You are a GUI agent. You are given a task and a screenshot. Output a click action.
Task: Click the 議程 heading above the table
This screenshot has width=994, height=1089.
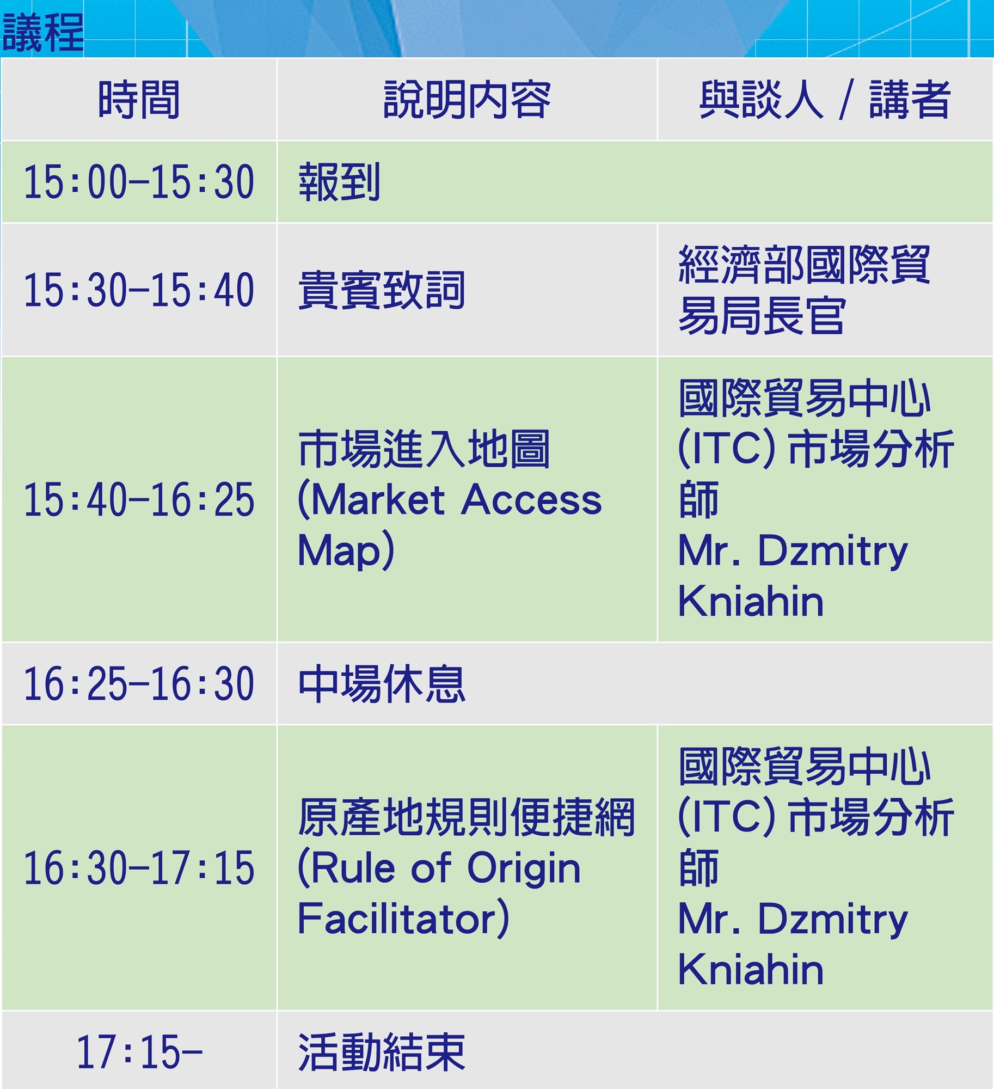coord(42,33)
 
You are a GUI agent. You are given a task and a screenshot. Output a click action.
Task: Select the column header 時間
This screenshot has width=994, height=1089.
coord(139,100)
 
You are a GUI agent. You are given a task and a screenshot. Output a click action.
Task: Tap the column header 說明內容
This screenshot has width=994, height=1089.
coord(467,100)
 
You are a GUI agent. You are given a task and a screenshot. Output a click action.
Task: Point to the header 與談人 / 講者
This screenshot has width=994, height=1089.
coord(825,100)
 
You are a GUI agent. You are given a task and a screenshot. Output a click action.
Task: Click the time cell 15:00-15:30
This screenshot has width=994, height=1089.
coord(139,182)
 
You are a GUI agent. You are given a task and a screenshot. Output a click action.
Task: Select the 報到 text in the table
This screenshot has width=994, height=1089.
coord(339,182)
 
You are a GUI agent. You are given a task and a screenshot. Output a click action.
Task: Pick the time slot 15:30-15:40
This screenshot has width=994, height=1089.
coord(139,290)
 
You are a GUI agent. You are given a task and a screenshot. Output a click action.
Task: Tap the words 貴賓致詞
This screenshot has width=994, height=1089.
coord(382,290)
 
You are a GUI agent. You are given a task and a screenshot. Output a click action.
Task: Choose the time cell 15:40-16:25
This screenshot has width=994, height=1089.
coord(139,499)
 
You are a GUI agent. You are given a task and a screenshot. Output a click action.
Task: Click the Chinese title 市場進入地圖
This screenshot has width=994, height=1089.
coord(424,449)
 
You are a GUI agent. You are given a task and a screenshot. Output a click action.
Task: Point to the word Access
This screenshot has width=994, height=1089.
coord(531,499)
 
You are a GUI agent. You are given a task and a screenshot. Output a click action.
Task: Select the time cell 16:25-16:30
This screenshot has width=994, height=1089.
coord(139,683)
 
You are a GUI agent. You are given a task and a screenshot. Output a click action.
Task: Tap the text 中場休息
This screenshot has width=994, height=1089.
coord(382,683)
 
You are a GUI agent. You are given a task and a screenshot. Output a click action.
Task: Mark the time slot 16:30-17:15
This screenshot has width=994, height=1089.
coord(139,867)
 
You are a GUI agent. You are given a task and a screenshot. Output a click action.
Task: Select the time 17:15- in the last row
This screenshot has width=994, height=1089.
coord(139,1051)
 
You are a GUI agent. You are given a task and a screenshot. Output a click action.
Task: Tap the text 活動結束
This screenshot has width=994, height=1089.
coord(382,1052)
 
